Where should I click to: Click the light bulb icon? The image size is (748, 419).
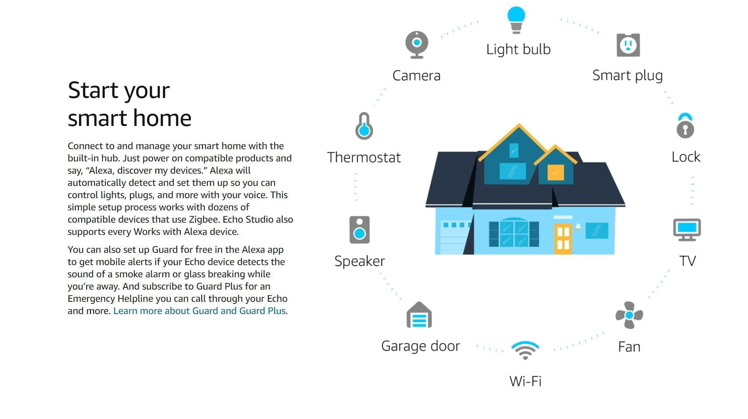[516, 20]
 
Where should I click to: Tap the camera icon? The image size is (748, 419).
[417, 45]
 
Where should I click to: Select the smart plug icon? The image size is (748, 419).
[628, 45]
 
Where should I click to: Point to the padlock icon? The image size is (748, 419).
[685, 126]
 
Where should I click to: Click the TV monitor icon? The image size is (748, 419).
[687, 230]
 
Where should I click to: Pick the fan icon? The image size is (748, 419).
[629, 315]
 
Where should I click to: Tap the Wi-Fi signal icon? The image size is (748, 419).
[525, 350]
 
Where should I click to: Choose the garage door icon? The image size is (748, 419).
[419, 315]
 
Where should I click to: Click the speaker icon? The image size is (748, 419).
[359, 230]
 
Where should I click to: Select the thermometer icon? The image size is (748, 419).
[364, 126]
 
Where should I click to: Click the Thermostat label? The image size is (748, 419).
[364, 157]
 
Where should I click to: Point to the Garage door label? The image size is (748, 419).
[420, 346]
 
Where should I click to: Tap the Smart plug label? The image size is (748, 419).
[627, 76]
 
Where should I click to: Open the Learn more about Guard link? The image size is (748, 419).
[199, 311]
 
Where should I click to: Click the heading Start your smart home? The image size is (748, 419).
[129, 104]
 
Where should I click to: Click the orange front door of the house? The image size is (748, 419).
[563, 239]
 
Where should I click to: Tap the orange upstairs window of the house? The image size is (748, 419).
[556, 173]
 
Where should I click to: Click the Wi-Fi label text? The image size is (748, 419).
[525, 381]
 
